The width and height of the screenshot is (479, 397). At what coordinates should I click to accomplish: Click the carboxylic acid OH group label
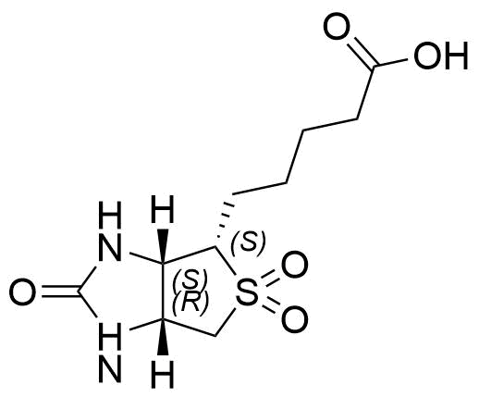[441, 56]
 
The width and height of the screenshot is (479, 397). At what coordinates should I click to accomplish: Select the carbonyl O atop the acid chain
[338, 26]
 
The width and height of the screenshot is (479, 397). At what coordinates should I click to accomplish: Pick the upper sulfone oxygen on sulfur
[295, 265]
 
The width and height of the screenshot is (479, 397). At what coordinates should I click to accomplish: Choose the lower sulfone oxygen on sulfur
[295, 319]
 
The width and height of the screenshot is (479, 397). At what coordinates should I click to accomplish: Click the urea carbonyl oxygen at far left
[22, 292]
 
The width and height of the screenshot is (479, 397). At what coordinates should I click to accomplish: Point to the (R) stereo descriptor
[190, 304]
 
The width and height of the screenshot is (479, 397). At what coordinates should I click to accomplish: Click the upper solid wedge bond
[163, 246]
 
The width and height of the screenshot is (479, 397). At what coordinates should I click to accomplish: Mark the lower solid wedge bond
[163, 337]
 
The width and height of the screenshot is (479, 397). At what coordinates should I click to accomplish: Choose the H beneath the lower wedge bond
[163, 374]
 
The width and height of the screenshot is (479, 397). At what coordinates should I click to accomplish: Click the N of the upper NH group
[110, 247]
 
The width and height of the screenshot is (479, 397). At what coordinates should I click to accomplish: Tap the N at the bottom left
[110, 368]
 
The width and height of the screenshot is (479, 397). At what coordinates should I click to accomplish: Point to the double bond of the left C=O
[60, 292]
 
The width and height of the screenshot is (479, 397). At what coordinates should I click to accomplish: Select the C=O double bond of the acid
[360, 53]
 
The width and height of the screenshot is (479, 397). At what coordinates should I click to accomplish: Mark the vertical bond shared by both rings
[163, 292]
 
